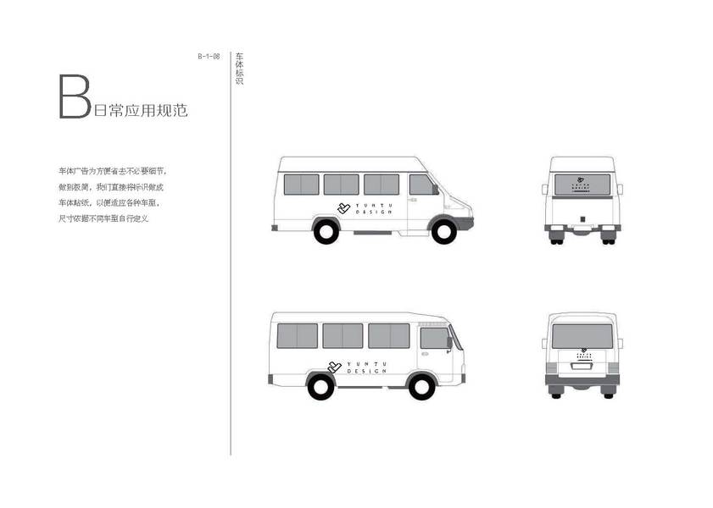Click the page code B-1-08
click(x=209, y=57)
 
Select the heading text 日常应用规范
click(x=141, y=110)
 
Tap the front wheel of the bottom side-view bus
click(x=421, y=386)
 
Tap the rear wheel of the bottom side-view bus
click(x=320, y=386)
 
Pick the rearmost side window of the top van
click(x=301, y=185)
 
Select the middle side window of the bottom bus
click(x=343, y=335)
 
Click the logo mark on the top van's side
click(x=343, y=208)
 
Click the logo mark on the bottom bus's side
click(x=334, y=367)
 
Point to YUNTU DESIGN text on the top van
click(x=373, y=208)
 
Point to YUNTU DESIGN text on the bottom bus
click(x=366, y=367)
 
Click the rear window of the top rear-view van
click(x=582, y=184)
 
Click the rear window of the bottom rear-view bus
click(x=582, y=336)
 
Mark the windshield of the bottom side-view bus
click(x=455, y=338)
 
